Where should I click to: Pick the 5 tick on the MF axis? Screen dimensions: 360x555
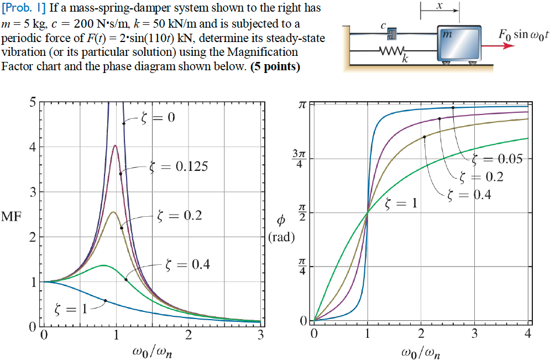33,103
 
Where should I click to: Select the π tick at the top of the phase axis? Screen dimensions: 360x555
302,105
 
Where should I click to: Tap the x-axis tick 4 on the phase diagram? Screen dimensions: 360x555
527,333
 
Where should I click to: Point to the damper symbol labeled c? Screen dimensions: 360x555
391,34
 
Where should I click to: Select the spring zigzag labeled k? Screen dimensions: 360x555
394,53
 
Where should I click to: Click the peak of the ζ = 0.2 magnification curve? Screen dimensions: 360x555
113,212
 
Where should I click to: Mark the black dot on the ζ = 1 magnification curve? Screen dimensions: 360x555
105,300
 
